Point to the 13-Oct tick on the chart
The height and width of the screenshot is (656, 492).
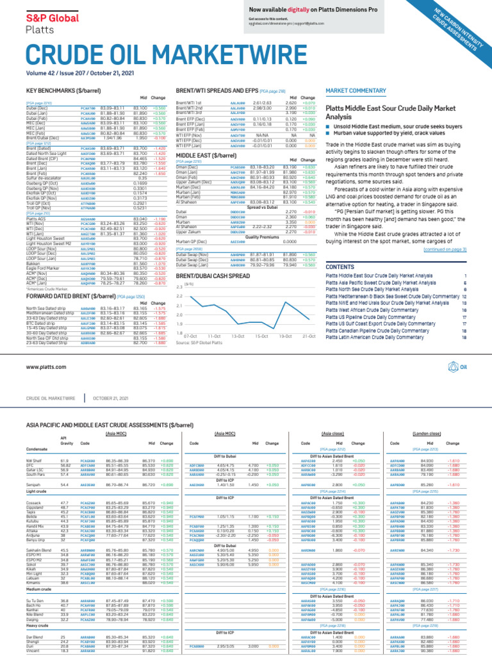point(238,336)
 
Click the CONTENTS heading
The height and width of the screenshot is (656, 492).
point(340,266)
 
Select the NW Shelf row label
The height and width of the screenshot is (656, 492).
point(33,461)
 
